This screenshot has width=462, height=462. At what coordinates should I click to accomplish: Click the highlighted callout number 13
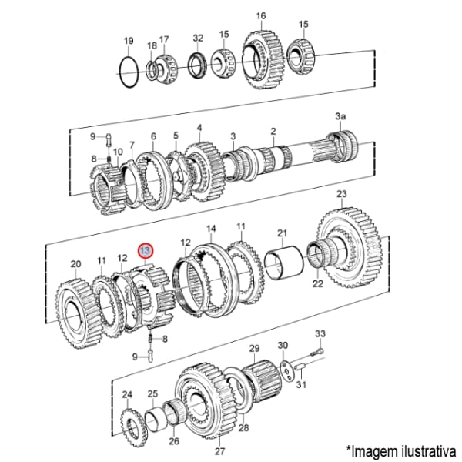(146, 250)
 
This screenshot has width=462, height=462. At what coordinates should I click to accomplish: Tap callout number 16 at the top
(260, 16)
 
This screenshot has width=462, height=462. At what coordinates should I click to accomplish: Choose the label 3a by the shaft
(340, 115)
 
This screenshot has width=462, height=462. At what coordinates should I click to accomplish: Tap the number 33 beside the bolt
(320, 333)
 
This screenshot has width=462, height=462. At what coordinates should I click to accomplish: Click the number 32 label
(198, 37)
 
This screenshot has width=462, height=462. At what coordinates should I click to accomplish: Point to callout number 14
(212, 228)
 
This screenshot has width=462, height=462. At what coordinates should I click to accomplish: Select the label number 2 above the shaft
(273, 132)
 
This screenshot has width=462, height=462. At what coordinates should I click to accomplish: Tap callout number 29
(254, 349)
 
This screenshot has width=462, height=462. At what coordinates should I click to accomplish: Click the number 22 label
(318, 284)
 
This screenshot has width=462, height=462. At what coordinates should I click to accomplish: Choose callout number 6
(153, 136)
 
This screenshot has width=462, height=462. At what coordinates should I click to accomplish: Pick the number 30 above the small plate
(283, 345)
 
